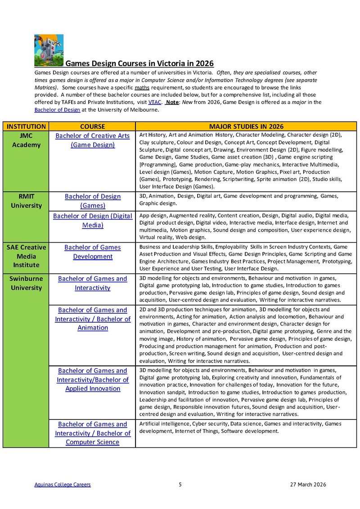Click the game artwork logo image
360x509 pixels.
pos(49,50)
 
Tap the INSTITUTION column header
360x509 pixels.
pos(26,126)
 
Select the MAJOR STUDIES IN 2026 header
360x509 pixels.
pos(246,126)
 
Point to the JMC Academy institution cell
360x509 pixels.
pos(26,140)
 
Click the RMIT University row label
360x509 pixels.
pos(26,201)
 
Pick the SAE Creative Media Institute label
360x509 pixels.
pos(26,256)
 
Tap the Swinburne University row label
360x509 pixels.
pos(26,283)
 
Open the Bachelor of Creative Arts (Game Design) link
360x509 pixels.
pos(92,140)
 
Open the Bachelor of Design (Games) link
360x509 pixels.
pos(92,201)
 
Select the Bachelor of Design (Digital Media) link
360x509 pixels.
pos(92,220)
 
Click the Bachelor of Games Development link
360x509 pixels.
pos(92,252)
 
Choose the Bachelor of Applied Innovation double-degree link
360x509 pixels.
pos(92,379)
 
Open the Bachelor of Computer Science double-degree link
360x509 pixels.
pos(92,433)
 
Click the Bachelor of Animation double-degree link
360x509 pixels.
pos(92,319)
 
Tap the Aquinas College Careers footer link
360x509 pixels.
pos(63,485)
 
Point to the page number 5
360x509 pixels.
pos(180,485)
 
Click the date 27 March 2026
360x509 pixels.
pos(308,485)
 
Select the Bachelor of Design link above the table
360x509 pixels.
pos(57,110)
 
